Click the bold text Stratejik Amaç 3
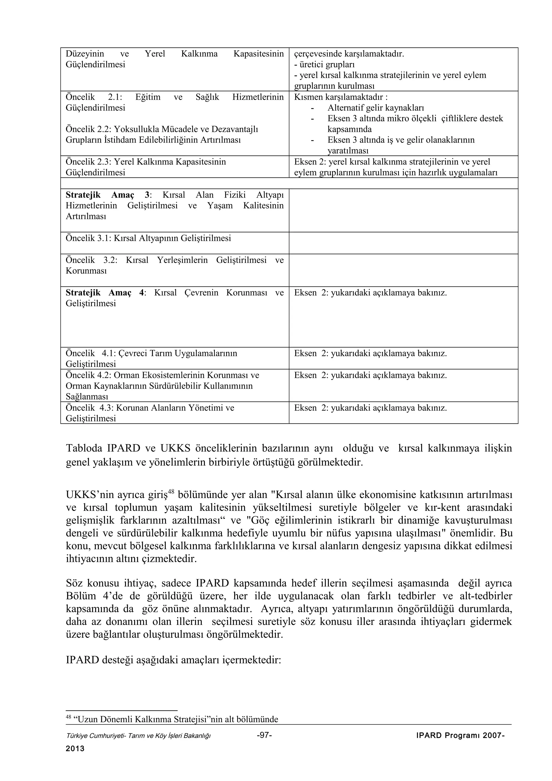(108, 195)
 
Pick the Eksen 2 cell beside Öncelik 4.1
(370, 353)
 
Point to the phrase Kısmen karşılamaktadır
(339, 97)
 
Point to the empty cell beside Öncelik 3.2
(403, 270)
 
